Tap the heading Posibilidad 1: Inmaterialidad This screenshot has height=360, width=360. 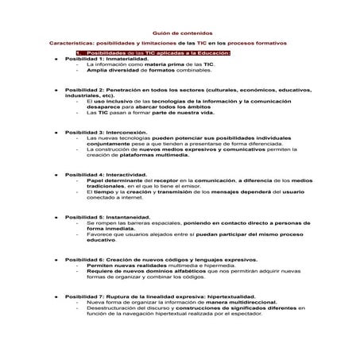106,59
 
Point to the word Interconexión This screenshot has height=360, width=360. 131,132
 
